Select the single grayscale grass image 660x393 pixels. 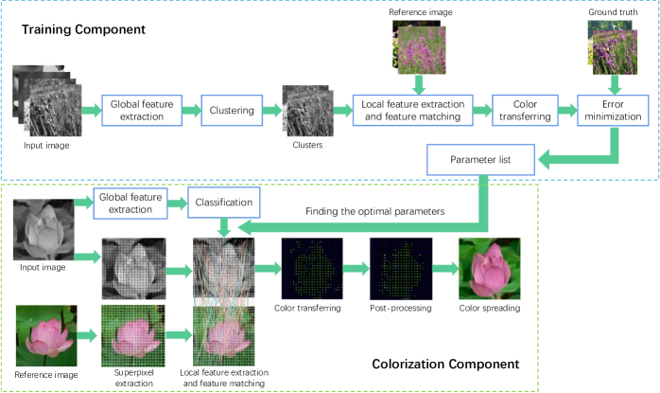point(308,111)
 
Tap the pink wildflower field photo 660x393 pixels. point(418,46)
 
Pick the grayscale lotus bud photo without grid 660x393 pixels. point(43,230)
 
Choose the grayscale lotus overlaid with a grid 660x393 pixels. point(133,268)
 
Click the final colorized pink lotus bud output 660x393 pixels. point(489,268)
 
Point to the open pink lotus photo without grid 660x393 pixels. point(46,334)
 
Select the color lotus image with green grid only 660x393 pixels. point(133,335)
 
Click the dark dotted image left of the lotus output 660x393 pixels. point(401,268)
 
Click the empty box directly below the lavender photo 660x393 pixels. point(613,111)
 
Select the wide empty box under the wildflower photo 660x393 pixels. point(412,111)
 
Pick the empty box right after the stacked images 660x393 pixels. point(142,110)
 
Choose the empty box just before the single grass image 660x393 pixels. point(232,110)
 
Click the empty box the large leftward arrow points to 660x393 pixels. point(480,159)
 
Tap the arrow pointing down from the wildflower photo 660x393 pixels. point(419,85)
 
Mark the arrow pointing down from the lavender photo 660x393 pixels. point(614,85)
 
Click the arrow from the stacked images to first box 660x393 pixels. point(92,111)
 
